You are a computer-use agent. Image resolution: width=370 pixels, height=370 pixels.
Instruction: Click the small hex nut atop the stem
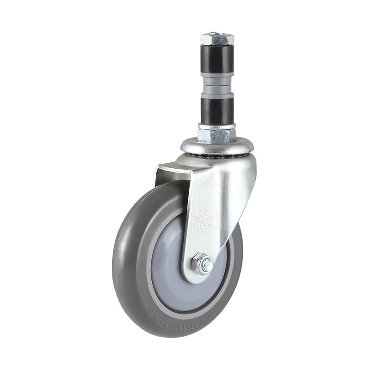(x=217, y=39)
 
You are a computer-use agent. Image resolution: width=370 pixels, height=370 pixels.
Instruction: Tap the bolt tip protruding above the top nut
(x=216, y=33)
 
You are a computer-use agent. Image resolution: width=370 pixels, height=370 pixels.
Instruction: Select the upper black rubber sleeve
(x=217, y=59)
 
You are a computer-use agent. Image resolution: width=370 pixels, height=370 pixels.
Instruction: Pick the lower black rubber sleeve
(x=217, y=110)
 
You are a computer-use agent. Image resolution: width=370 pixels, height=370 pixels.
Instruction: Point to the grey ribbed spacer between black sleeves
(x=217, y=84)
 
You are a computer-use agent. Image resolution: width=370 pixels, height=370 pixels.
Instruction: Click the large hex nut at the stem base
(x=216, y=135)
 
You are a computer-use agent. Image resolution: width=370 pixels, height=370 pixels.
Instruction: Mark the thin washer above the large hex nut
(x=216, y=126)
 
